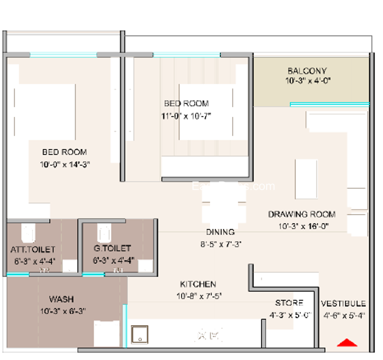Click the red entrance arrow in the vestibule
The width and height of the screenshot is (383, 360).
[x=348, y=342]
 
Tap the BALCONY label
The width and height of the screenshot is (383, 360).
[x=307, y=71]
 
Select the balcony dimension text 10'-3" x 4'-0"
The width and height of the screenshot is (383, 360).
[x=307, y=81]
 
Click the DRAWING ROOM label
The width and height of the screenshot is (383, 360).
[x=301, y=214]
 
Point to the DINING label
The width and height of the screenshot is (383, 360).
[x=220, y=232]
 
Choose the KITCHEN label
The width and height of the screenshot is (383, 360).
[x=198, y=284]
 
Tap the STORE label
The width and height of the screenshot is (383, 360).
[x=289, y=303]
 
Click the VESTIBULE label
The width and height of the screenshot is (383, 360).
[x=343, y=304]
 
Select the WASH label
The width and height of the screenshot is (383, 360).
[x=62, y=299]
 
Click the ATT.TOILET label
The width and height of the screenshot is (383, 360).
[x=33, y=249]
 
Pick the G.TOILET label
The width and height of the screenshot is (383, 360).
[x=113, y=249]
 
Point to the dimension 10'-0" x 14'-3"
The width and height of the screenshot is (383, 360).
[x=65, y=164]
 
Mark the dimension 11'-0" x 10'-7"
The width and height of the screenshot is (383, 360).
[x=186, y=115]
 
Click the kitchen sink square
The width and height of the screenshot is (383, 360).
[x=140, y=334]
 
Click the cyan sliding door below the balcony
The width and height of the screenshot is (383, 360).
[x=329, y=104]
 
